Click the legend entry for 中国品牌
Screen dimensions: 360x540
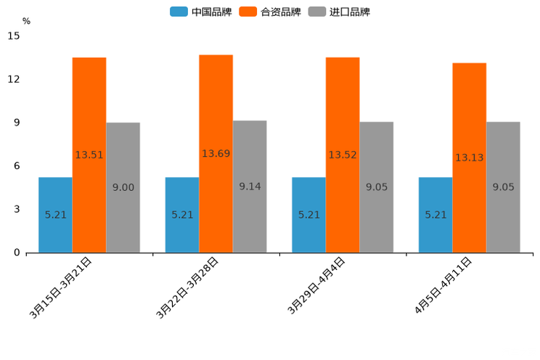tap(201, 12)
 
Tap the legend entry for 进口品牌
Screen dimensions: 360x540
tap(339, 12)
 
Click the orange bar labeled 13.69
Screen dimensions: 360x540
tap(216, 154)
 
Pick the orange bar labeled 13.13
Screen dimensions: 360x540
tap(469, 157)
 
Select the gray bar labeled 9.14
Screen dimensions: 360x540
tap(250, 187)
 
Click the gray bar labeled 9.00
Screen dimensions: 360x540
tap(123, 187)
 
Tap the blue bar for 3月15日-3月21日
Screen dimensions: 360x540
tap(55, 215)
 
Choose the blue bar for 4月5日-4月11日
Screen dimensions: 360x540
tap(435, 215)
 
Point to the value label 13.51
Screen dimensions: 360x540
tap(89, 155)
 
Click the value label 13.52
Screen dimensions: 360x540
tap(343, 155)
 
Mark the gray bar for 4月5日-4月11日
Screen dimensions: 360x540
tap(503, 187)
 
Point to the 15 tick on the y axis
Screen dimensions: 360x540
tap(15, 36)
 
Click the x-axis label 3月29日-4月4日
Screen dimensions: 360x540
tap(316, 286)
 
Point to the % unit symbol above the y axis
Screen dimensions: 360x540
tap(26, 22)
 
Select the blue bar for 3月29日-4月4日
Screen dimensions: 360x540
tap(308, 215)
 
